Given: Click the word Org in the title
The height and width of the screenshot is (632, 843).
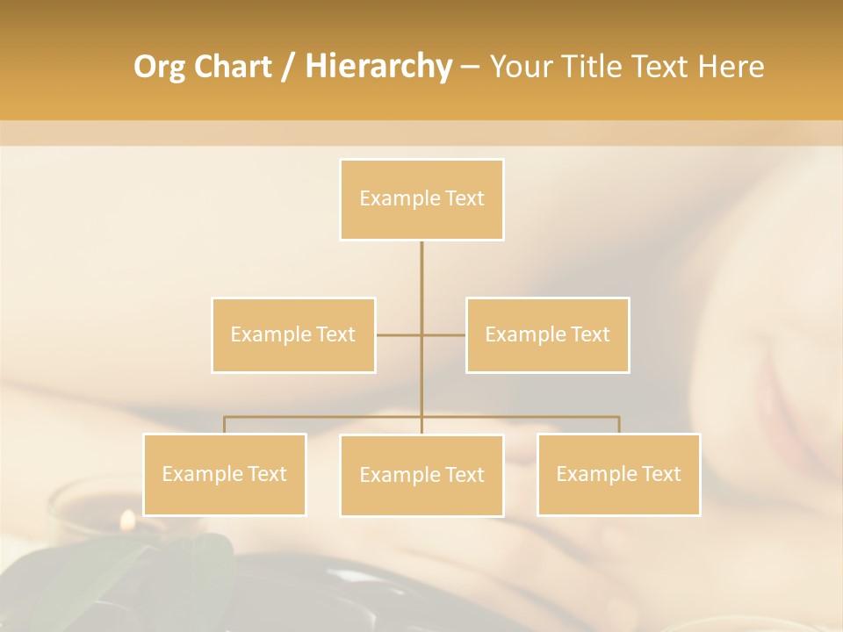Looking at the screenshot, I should [159, 67].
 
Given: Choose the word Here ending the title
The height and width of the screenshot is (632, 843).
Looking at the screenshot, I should [731, 67].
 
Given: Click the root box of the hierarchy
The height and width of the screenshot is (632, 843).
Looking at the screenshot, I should [421, 199].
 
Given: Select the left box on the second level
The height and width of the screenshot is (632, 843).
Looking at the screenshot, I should [293, 334].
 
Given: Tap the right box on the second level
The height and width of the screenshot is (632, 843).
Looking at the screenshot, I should [547, 334].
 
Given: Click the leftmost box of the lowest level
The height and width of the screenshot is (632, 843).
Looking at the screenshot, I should [224, 474].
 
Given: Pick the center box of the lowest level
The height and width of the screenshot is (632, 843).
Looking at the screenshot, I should [421, 475].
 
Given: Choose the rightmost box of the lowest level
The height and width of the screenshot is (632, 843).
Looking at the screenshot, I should [618, 474].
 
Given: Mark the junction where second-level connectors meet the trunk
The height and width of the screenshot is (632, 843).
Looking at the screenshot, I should [421, 334].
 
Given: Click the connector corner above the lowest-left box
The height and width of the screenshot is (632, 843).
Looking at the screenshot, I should [224, 417].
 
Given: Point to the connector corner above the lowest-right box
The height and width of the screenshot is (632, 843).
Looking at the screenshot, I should [619, 417].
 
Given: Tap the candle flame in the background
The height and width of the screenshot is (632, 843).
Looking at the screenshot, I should [127, 520].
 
